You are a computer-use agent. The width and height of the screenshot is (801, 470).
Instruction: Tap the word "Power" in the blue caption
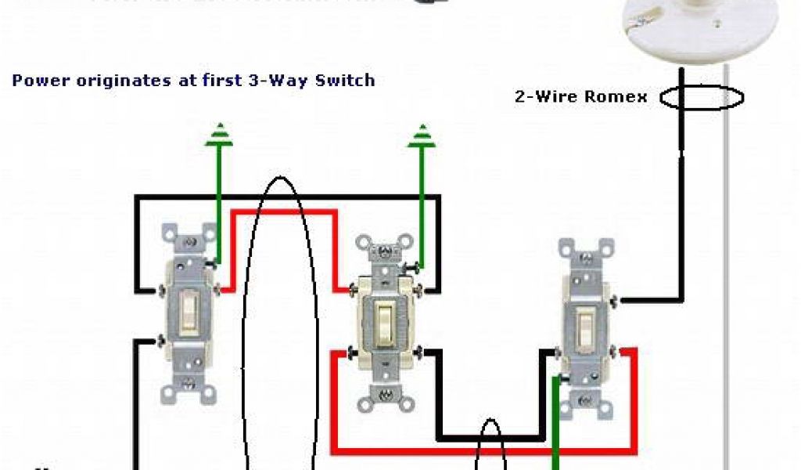tap(35, 80)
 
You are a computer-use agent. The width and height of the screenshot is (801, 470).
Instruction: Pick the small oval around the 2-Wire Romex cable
tap(701, 98)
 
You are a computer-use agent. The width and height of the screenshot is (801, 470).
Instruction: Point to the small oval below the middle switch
tap(490, 446)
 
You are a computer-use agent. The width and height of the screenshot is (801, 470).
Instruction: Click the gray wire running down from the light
tap(727, 274)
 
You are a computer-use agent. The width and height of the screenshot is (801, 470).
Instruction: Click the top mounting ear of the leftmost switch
tap(189, 233)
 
